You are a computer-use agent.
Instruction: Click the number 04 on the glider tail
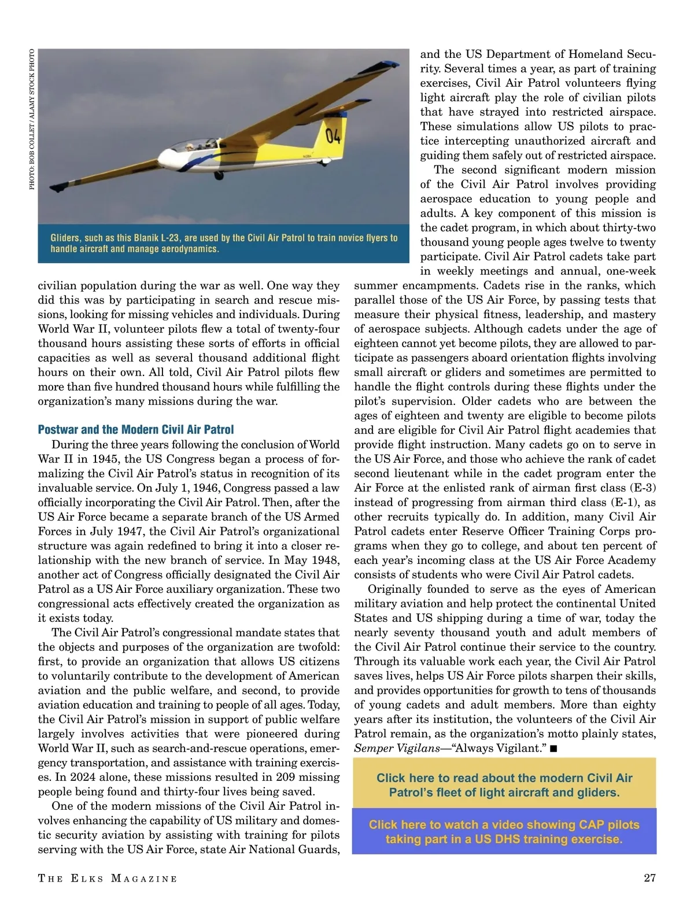(334, 137)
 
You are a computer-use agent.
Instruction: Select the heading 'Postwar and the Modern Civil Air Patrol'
(136, 430)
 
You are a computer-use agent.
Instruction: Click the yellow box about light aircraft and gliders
(504, 785)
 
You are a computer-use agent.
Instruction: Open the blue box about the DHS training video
(504, 832)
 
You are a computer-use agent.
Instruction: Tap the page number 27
(649, 878)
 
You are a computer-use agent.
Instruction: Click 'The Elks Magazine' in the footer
(108, 879)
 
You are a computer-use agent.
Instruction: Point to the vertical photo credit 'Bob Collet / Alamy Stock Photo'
(32, 119)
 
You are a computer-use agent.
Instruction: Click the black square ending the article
(553, 748)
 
